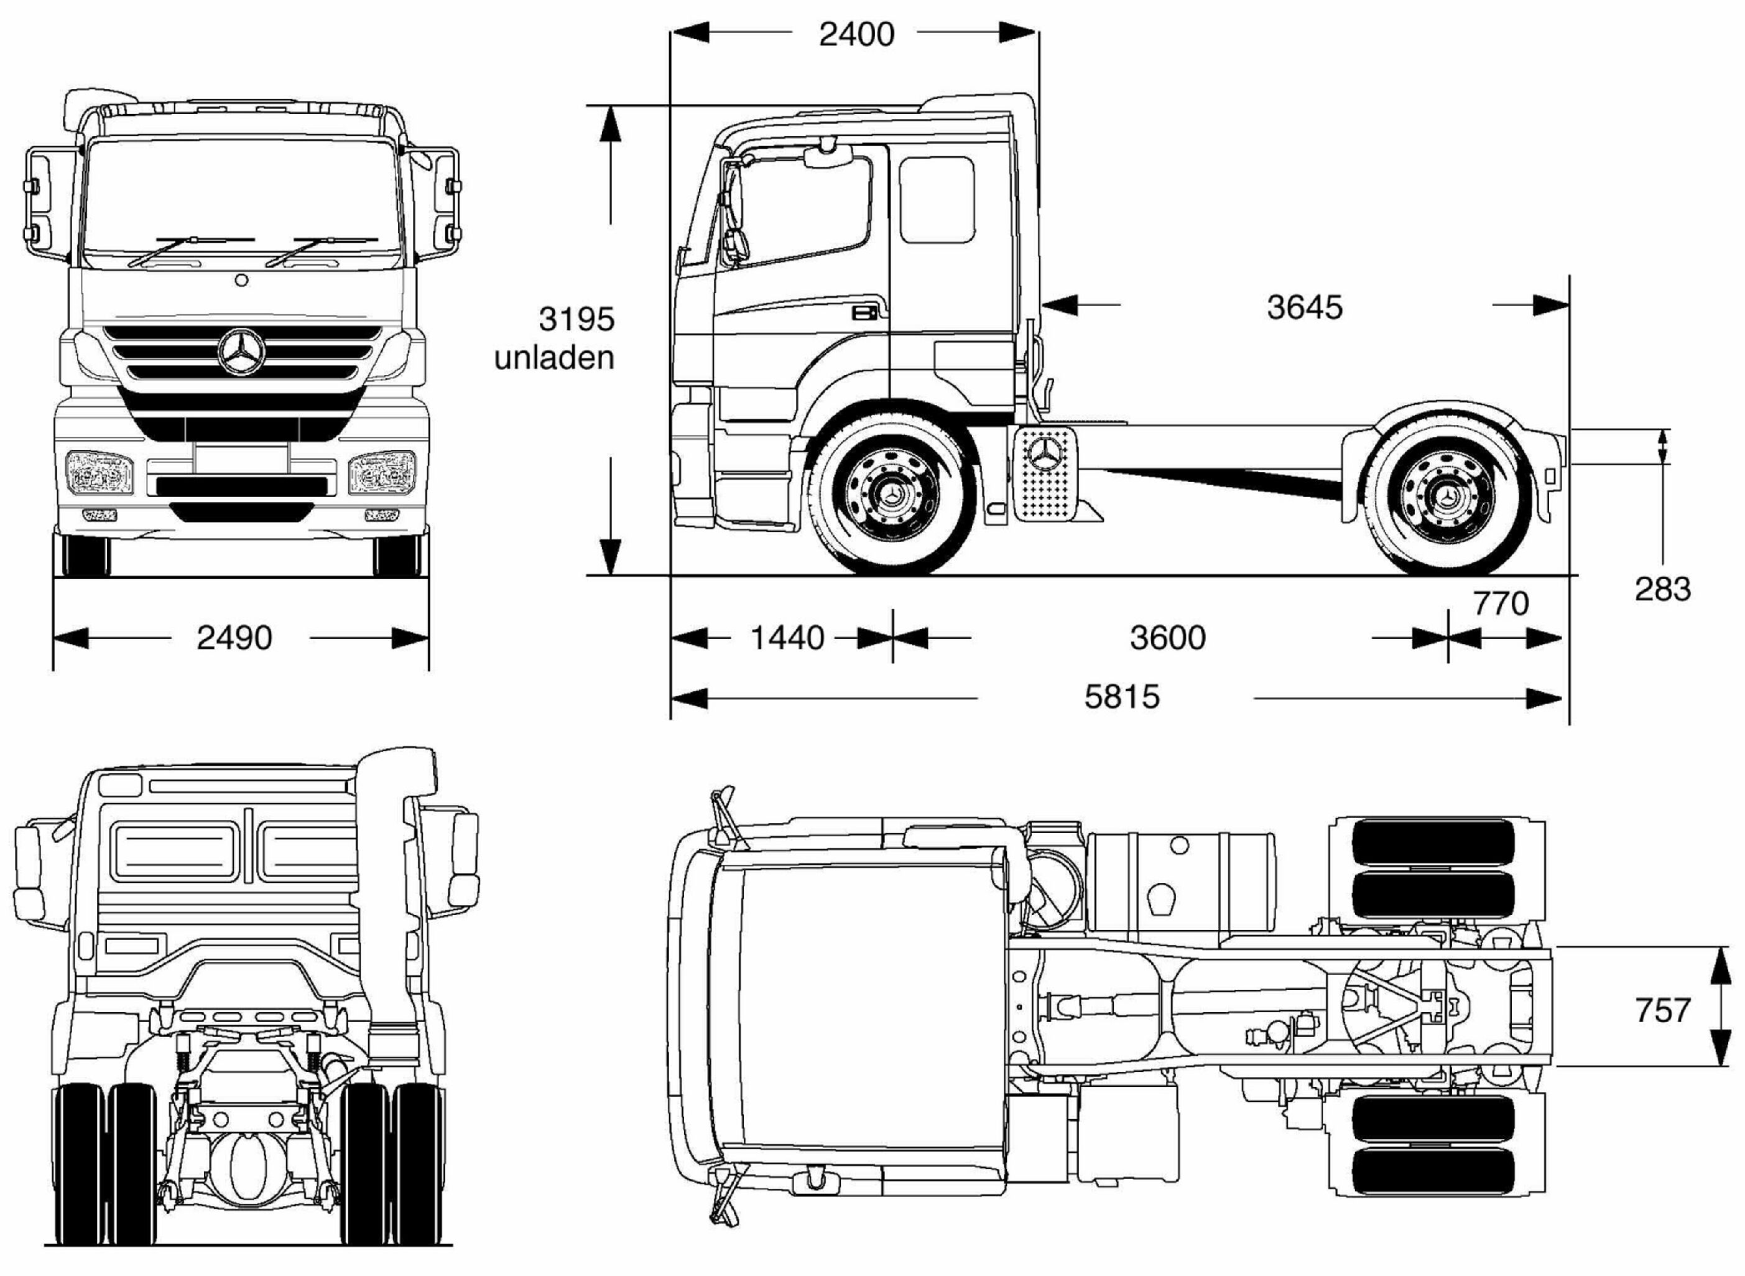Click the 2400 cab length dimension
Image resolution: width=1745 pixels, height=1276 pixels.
[856, 35]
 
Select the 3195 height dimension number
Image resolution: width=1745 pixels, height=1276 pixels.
[576, 319]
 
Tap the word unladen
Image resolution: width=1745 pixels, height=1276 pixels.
[553, 358]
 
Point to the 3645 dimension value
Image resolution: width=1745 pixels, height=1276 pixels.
[1304, 307]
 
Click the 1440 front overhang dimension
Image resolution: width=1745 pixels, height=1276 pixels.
[787, 638]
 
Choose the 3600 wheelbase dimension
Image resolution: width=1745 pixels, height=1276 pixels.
[1167, 638]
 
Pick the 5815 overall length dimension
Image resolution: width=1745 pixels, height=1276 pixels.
[1121, 697]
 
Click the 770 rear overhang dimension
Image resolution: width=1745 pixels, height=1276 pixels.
[1500, 603]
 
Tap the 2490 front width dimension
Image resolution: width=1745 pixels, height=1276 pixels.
[234, 638]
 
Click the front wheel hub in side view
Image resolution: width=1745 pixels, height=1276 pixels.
[892, 495]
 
